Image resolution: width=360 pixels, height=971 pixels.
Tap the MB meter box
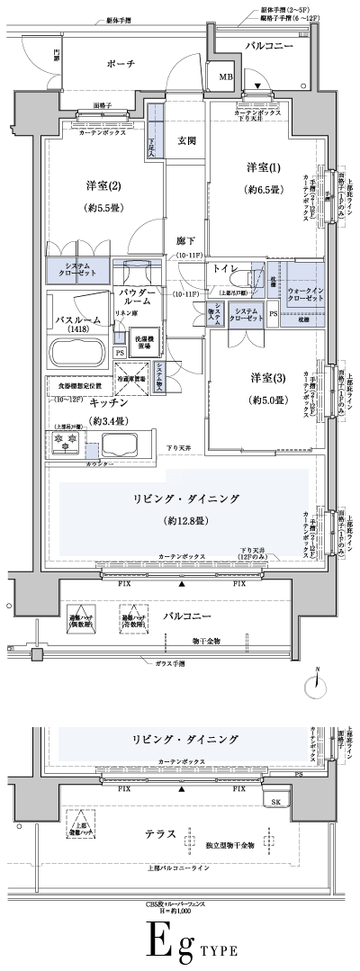(x=223, y=78)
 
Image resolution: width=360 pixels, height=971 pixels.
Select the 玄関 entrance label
(x=186, y=140)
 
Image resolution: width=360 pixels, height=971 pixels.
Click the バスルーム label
(x=75, y=319)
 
